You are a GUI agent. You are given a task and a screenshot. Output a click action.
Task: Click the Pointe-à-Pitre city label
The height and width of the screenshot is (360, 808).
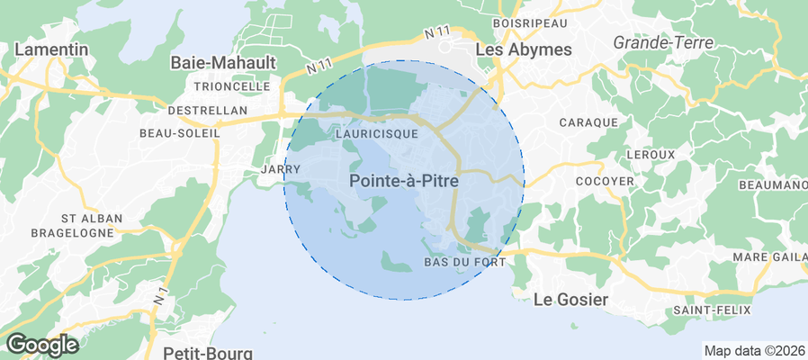coord(403,181)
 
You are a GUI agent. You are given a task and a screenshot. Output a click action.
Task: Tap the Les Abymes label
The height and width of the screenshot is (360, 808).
coord(523,49)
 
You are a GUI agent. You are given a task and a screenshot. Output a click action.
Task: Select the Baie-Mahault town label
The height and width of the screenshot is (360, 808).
coord(223,63)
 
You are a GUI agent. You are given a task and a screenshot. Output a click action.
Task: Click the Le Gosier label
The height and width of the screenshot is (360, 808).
coord(570,299)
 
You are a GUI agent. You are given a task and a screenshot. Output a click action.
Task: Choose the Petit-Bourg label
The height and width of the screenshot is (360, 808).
coord(207,352)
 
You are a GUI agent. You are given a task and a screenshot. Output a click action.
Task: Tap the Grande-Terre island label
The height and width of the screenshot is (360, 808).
coord(662,42)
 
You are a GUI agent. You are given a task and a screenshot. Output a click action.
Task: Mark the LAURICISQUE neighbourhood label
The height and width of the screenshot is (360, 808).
coord(375,133)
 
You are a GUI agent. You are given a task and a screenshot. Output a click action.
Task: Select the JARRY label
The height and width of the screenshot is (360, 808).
coord(273,168)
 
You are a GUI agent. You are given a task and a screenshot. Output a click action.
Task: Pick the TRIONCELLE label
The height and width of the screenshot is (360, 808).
coord(232,86)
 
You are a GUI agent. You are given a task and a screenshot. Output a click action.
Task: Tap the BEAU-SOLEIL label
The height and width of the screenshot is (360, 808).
coord(180,132)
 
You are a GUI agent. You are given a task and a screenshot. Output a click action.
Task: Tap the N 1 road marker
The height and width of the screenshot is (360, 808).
coord(160,293)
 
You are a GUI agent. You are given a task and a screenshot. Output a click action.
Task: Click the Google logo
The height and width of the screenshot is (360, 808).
coord(42,345)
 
